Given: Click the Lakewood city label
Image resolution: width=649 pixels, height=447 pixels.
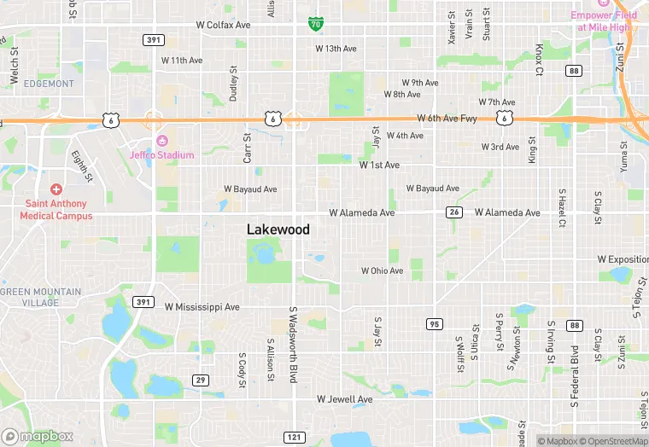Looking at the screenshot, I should (x=278, y=229).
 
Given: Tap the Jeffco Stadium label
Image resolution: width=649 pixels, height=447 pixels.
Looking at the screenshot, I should (x=161, y=154).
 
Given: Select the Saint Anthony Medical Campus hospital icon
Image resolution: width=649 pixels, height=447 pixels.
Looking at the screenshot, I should (x=56, y=189).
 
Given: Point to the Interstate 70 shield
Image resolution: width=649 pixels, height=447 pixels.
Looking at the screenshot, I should (x=315, y=24).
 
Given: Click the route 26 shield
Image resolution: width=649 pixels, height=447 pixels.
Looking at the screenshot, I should (x=455, y=212).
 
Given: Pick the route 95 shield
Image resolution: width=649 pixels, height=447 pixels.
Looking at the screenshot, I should (x=434, y=324).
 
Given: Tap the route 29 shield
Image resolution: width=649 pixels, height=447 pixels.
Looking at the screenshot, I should (x=200, y=380).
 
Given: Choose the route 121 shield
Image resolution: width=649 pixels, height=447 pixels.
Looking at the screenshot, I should (x=293, y=437).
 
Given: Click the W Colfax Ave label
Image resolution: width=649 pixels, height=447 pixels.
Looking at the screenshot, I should (x=223, y=26).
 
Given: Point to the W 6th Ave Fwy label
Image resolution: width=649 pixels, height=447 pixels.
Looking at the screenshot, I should (x=447, y=119).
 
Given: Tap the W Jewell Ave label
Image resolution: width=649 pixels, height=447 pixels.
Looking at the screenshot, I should (x=344, y=398).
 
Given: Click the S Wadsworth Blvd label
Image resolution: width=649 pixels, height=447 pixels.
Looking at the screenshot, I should (x=292, y=344).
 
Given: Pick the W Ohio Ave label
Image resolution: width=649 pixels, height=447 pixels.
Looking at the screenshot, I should (x=381, y=270).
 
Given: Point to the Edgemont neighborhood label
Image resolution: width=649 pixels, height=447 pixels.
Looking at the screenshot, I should (x=50, y=84).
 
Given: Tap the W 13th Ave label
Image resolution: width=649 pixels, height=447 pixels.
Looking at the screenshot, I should (x=335, y=49).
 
